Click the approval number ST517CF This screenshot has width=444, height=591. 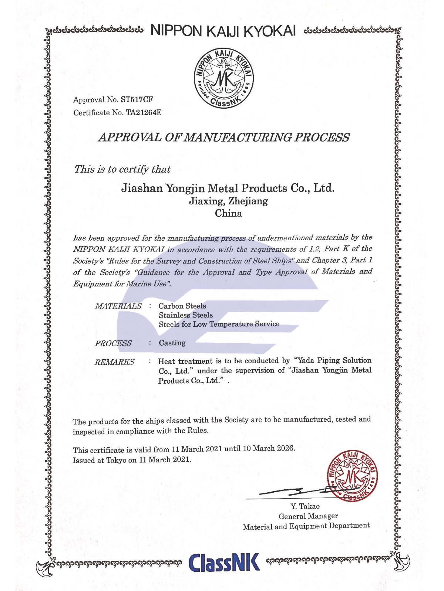(137, 99)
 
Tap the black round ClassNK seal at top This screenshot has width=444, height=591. (224, 78)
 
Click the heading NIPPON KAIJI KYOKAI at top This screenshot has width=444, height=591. (223, 31)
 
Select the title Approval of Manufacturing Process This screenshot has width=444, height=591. (223, 137)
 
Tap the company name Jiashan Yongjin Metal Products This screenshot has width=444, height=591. (228, 188)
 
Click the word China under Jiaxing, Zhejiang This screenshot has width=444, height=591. (229, 213)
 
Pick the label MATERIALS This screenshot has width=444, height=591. (118, 306)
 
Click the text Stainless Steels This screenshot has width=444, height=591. (186, 315)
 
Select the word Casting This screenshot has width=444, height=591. (172, 343)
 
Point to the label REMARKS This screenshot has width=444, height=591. (114, 362)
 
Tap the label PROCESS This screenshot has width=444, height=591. (113, 343)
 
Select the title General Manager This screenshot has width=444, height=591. (308, 516)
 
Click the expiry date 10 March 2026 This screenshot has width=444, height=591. (268, 448)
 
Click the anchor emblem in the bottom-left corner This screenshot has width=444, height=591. (44, 568)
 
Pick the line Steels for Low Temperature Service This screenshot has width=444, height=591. (219, 324)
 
